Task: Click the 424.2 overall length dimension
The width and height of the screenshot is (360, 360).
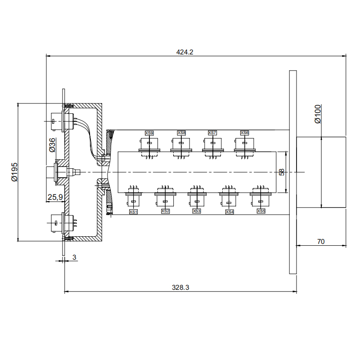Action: point(184,52)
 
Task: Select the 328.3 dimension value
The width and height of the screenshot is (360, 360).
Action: point(180,288)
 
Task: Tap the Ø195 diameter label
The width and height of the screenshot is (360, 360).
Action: point(14,172)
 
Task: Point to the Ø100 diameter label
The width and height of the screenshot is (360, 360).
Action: point(318,114)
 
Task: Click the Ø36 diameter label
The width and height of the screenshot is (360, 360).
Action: point(52,145)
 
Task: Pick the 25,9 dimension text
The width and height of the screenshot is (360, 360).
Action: point(55,197)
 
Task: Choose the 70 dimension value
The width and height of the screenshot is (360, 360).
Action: point(321,242)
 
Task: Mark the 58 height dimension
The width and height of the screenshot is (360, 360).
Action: point(282,172)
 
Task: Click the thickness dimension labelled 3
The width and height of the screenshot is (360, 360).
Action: point(74,257)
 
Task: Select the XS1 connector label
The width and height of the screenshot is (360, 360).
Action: point(133,211)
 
